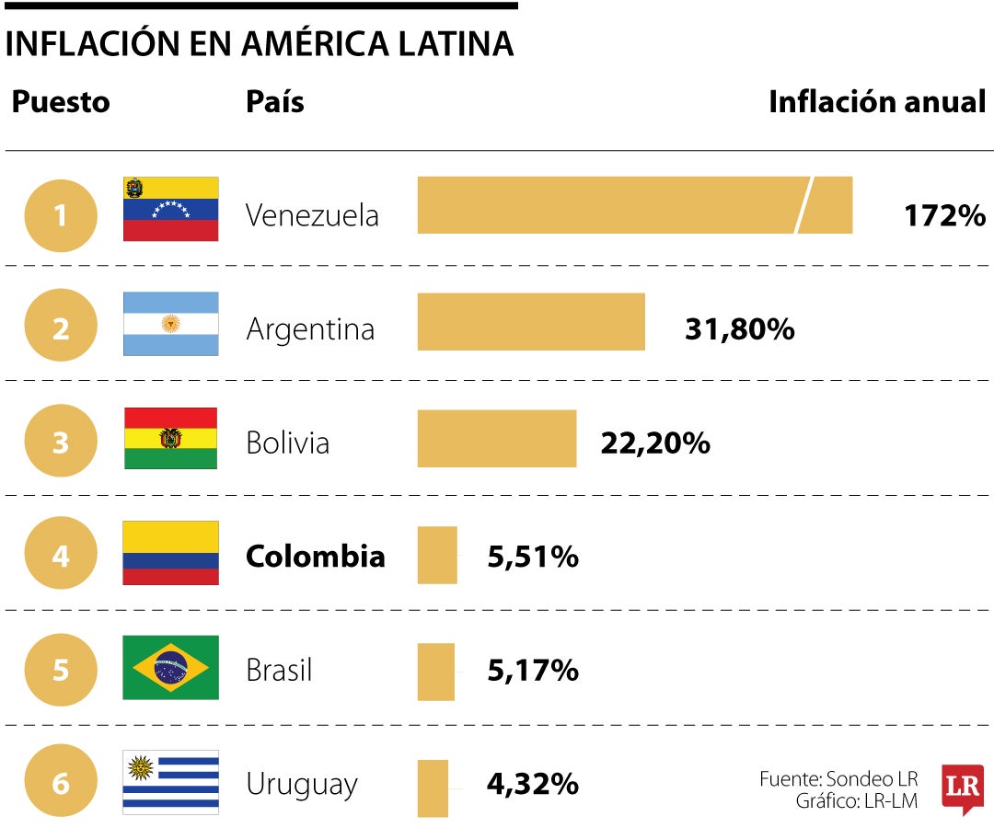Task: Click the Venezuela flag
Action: click(x=171, y=209)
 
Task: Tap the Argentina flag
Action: click(x=171, y=324)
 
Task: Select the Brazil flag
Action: click(x=171, y=667)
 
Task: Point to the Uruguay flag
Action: click(x=171, y=782)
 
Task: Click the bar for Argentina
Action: click(x=531, y=322)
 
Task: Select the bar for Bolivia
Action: click(x=497, y=439)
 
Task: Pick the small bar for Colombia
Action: click(x=437, y=555)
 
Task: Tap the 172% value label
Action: click(x=944, y=216)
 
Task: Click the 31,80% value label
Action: click(x=739, y=329)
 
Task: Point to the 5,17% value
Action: click(x=533, y=670)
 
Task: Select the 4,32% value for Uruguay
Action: click(x=533, y=784)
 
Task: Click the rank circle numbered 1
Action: click(x=61, y=216)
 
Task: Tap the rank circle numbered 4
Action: click(x=61, y=554)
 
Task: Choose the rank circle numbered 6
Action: click(x=61, y=784)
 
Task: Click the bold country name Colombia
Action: click(x=315, y=557)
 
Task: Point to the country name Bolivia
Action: click(x=287, y=443)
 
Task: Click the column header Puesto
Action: click(x=61, y=102)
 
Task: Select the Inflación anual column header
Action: click(x=876, y=102)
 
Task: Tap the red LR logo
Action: click(x=963, y=787)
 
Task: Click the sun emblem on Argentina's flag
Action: click(x=170, y=324)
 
